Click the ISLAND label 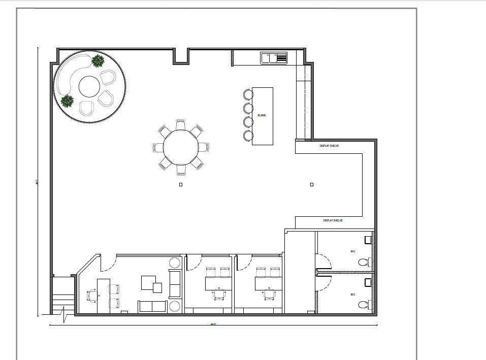click(x=262, y=116)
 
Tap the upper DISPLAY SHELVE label click(x=329, y=146)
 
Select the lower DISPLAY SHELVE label click(x=333, y=220)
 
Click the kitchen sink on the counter click(x=274, y=58)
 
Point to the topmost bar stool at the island click(x=248, y=94)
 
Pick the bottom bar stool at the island click(x=248, y=136)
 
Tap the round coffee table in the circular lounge click(x=89, y=87)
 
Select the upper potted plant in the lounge click(x=98, y=61)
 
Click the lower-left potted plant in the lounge click(x=67, y=101)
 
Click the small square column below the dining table click(x=181, y=185)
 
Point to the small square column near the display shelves click(x=312, y=185)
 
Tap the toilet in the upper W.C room click(x=363, y=263)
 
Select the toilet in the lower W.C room click(x=363, y=305)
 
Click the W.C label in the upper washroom click(x=352, y=252)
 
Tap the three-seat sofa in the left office click(x=152, y=306)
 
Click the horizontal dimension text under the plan click(x=213, y=325)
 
